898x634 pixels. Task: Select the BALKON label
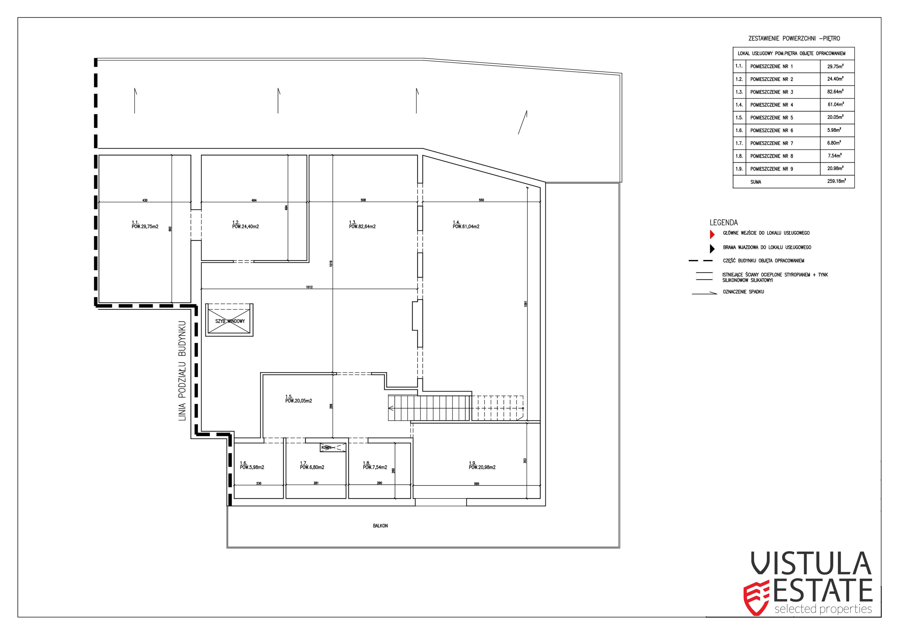point(380,526)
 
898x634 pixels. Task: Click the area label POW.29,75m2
point(145,227)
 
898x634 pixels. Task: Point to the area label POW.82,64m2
point(362,227)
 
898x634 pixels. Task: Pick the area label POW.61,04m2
point(466,227)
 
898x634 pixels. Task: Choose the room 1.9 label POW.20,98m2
point(482,467)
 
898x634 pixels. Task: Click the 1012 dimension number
point(309,287)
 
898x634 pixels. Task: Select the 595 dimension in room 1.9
point(476,484)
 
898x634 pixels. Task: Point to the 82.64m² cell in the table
point(835,92)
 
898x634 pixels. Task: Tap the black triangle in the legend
point(712,248)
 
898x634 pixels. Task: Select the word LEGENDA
point(724,223)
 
